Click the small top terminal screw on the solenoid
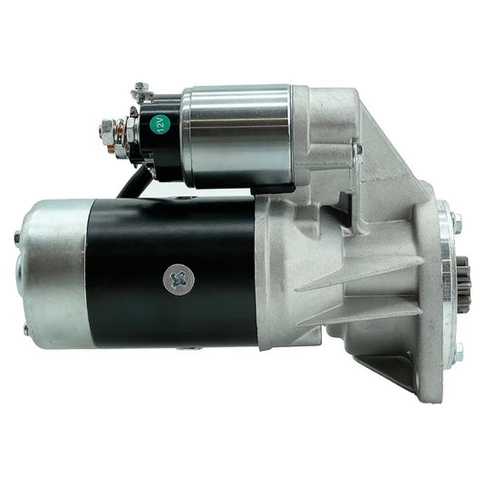[141, 91]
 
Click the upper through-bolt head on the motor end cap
[17, 238]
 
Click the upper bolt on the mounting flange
[456, 220]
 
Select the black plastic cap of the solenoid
[150, 136]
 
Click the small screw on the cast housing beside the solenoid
[359, 149]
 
